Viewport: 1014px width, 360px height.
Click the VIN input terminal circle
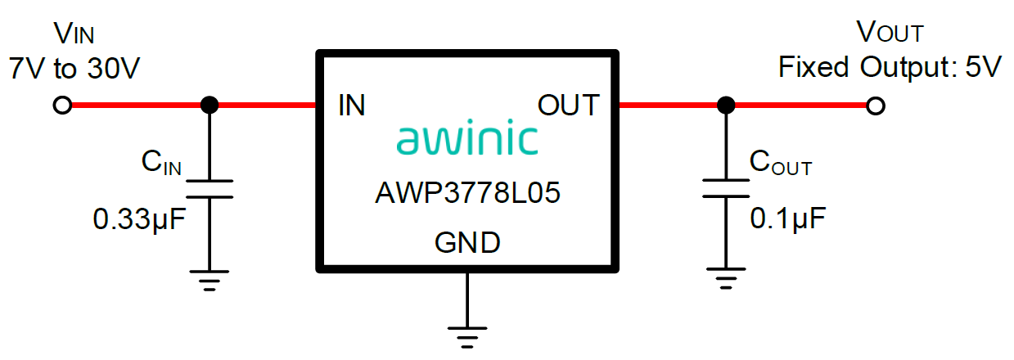pyautogui.click(x=61, y=105)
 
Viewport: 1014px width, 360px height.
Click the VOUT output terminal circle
pyautogui.click(x=875, y=106)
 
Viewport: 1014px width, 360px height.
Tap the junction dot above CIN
pyautogui.click(x=210, y=105)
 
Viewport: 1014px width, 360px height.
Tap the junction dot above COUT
pyautogui.click(x=724, y=106)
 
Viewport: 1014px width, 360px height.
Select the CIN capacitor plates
pyautogui.click(x=210, y=189)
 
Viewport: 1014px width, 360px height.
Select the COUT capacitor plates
pyautogui.click(x=724, y=189)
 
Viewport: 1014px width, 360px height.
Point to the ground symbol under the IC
pyautogui.click(x=466, y=335)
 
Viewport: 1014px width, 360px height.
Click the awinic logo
pyautogui.click(x=467, y=140)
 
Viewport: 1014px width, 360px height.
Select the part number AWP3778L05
pyautogui.click(x=467, y=195)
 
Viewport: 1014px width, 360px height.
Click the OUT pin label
pyautogui.click(x=568, y=106)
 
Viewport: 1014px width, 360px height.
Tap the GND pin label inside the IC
pyautogui.click(x=467, y=243)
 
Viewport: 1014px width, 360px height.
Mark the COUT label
pyautogui.click(x=781, y=164)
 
